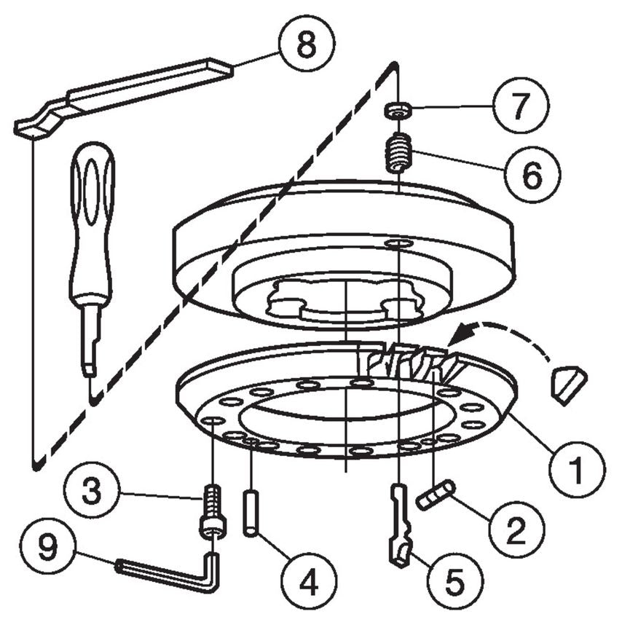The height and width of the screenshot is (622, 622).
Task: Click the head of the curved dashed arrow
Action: [x=457, y=337]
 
